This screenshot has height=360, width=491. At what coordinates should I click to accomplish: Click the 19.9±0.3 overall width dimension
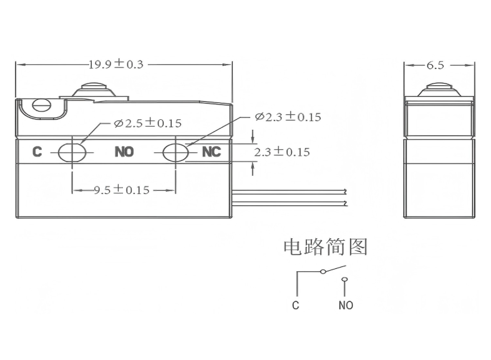[115, 64]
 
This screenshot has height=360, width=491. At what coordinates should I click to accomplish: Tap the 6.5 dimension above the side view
[435, 65]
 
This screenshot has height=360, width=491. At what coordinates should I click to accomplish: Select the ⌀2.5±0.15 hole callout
[148, 124]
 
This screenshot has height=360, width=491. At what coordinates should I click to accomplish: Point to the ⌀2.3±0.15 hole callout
[288, 117]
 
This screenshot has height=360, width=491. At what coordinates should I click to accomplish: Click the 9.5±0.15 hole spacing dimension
[122, 190]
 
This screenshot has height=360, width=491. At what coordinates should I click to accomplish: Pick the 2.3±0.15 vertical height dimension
[282, 152]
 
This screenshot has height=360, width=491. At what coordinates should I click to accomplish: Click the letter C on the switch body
[37, 152]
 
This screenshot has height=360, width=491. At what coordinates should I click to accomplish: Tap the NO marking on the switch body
[124, 152]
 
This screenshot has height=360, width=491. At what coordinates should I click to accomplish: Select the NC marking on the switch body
[211, 152]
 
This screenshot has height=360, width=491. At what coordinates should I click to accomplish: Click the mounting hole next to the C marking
[72, 152]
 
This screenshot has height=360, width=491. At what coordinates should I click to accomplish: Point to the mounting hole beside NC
[175, 152]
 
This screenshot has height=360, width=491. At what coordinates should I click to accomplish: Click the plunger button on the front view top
[94, 89]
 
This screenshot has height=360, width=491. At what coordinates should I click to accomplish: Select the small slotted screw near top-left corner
[42, 105]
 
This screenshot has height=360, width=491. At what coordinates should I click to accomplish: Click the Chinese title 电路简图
[325, 248]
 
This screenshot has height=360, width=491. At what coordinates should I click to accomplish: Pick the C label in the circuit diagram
[296, 306]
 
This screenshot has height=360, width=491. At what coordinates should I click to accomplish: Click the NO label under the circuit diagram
[346, 306]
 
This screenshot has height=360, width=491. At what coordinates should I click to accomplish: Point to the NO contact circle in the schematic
[344, 280]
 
